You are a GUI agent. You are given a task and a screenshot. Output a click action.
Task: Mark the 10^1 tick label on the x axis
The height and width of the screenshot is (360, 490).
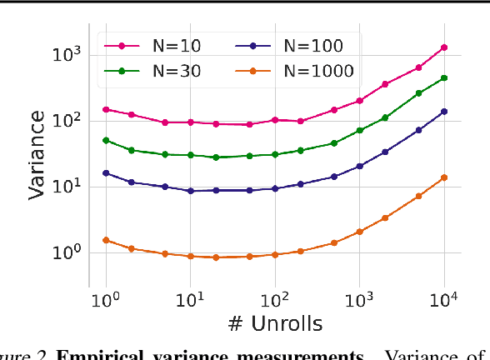click(191, 298)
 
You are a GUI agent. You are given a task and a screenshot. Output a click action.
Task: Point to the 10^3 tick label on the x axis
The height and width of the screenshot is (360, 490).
click(360, 298)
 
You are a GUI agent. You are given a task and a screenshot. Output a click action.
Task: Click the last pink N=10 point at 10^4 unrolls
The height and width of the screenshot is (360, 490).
click(444, 47)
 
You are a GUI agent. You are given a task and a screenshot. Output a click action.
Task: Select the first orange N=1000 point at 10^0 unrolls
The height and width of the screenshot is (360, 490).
click(106, 240)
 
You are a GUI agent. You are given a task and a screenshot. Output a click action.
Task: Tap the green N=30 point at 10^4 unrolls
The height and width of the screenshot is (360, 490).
click(444, 78)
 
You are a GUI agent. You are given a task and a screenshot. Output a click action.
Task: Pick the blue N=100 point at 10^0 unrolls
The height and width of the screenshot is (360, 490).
click(106, 173)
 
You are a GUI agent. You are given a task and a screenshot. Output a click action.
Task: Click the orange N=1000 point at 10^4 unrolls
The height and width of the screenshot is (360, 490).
click(444, 177)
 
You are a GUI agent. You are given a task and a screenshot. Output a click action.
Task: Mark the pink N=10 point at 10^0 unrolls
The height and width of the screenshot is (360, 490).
click(106, 109)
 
